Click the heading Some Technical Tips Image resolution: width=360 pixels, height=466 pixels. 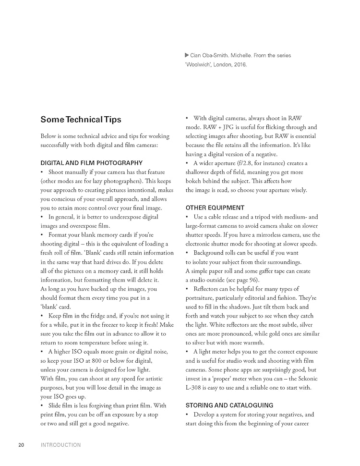[x=81, y=119]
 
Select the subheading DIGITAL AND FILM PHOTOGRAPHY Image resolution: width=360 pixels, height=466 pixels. [x=91, y=163]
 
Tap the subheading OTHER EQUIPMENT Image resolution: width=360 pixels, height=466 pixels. [x=215, y=208]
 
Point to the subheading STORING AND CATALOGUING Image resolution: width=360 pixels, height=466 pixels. [x=229, y=405]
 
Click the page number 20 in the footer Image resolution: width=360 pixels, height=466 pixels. [x=21, y=445]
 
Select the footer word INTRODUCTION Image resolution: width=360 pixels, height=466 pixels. [x=61, y=445]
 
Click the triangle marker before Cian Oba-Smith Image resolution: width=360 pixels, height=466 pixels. [x=187, y=55]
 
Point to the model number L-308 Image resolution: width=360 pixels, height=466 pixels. [x=194, y=387]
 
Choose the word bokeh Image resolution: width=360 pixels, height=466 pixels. [x=195, y=181]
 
